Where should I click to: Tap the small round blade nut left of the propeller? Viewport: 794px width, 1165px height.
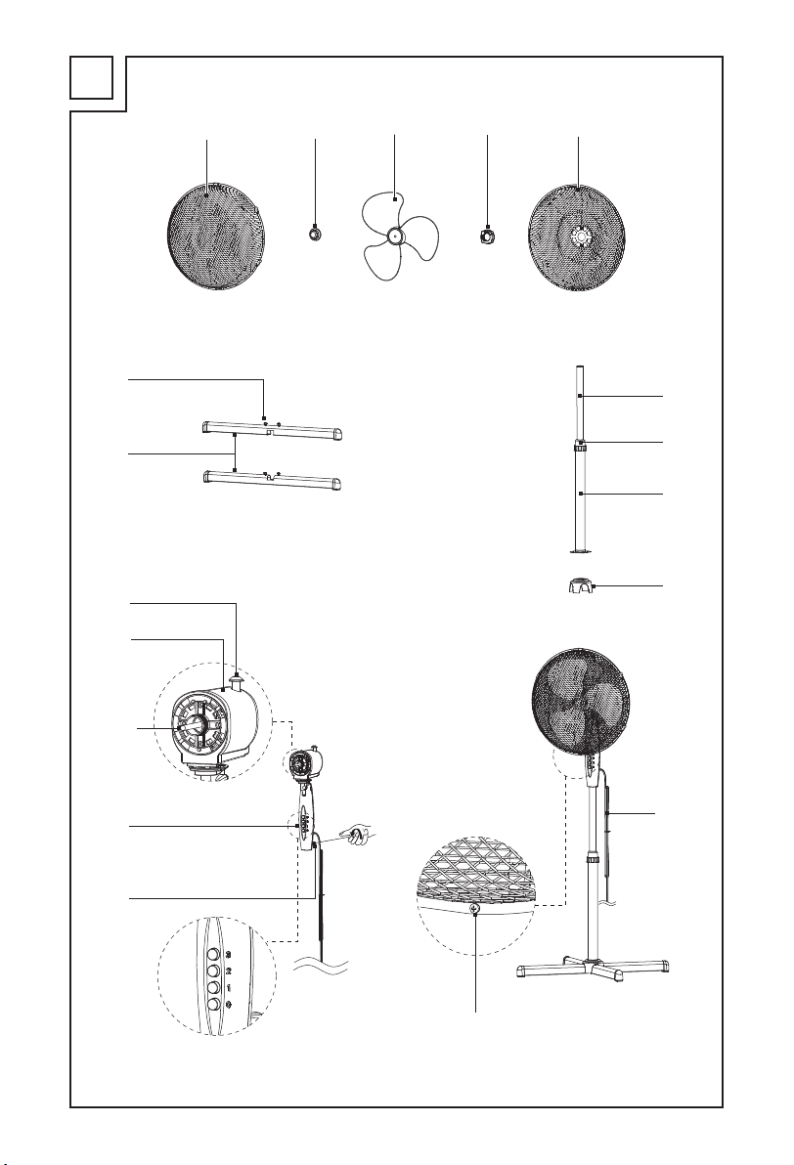(316, 235)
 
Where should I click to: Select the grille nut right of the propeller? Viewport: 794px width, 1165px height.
(486, 236)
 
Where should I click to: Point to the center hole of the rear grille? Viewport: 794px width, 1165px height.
(579, 237)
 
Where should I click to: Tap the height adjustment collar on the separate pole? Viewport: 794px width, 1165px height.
(580, 447)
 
